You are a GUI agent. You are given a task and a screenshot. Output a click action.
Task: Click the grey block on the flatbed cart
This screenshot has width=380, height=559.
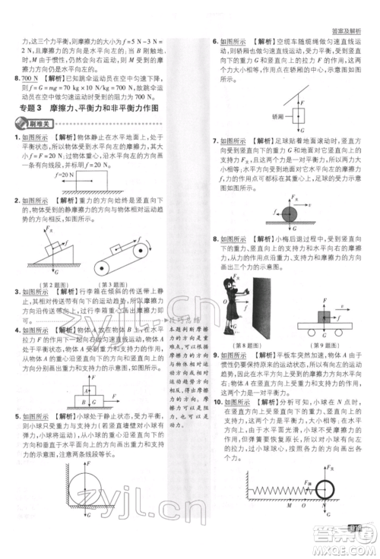click(x=325, y=317)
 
